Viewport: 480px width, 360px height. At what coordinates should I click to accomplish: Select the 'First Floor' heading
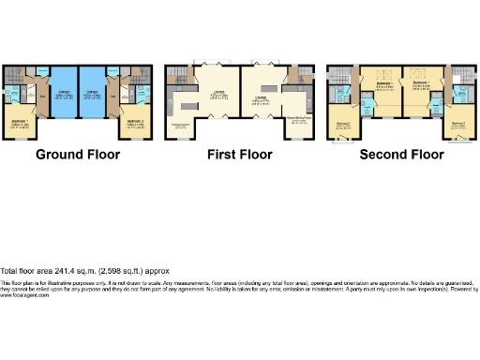point(240,154)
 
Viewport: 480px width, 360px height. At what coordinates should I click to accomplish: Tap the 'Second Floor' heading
point(401,154)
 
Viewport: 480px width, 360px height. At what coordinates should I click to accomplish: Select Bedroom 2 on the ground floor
point(136,123)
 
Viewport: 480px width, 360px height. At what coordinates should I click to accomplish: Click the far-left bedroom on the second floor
point(342,126)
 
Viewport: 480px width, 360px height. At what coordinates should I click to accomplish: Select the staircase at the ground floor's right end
point(142,74)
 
